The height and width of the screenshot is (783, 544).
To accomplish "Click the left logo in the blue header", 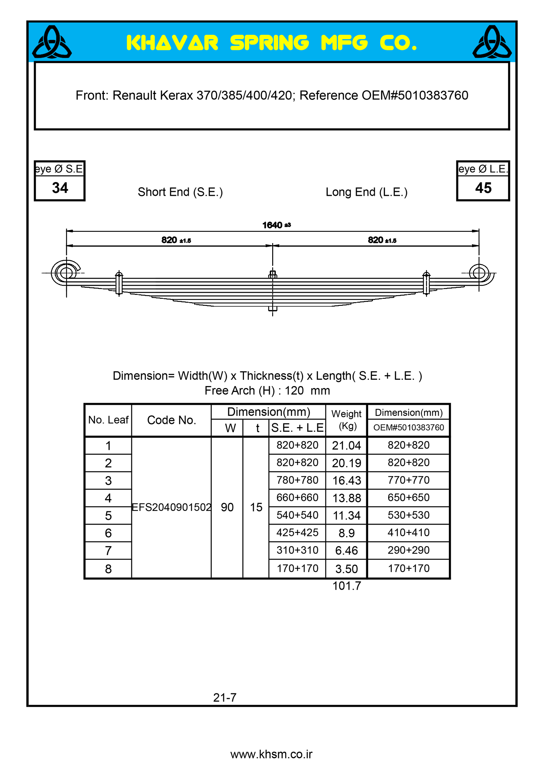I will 52,42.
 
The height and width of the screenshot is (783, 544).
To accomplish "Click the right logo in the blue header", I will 492,42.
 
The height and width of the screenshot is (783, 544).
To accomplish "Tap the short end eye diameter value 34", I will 60,188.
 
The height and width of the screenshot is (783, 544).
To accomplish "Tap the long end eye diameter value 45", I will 483,188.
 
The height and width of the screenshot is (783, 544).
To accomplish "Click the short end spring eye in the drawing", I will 66,272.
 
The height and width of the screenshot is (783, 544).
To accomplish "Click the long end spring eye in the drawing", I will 479,272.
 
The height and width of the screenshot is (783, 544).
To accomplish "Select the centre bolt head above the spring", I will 273,274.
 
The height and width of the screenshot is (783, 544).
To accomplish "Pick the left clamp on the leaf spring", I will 119,283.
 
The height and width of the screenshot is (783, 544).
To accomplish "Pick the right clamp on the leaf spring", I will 426,283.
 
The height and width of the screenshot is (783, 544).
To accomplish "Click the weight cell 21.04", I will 346,446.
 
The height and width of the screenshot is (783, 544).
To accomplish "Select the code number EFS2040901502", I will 171,507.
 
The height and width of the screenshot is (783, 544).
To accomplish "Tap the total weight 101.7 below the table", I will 347,586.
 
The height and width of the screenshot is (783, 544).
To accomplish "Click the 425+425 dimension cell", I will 297,533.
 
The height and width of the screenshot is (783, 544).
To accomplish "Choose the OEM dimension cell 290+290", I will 408,550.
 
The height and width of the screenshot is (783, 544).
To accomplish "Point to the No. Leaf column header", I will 108,420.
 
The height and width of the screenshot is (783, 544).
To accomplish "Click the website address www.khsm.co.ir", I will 271,754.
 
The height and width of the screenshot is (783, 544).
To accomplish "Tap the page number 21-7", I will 225,698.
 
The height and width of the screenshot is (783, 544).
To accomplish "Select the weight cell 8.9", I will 346,533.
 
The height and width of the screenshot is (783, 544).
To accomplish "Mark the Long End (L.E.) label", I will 367,192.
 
